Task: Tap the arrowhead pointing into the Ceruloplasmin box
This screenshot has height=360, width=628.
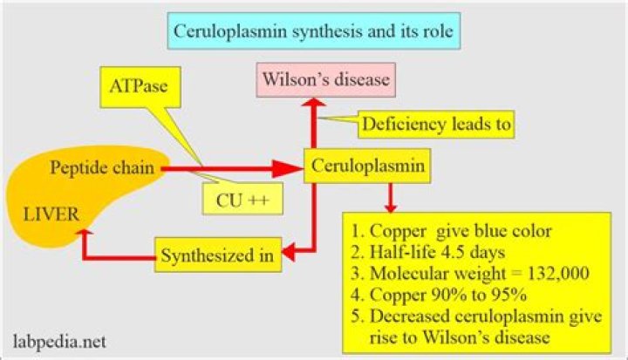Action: point(291,166)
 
